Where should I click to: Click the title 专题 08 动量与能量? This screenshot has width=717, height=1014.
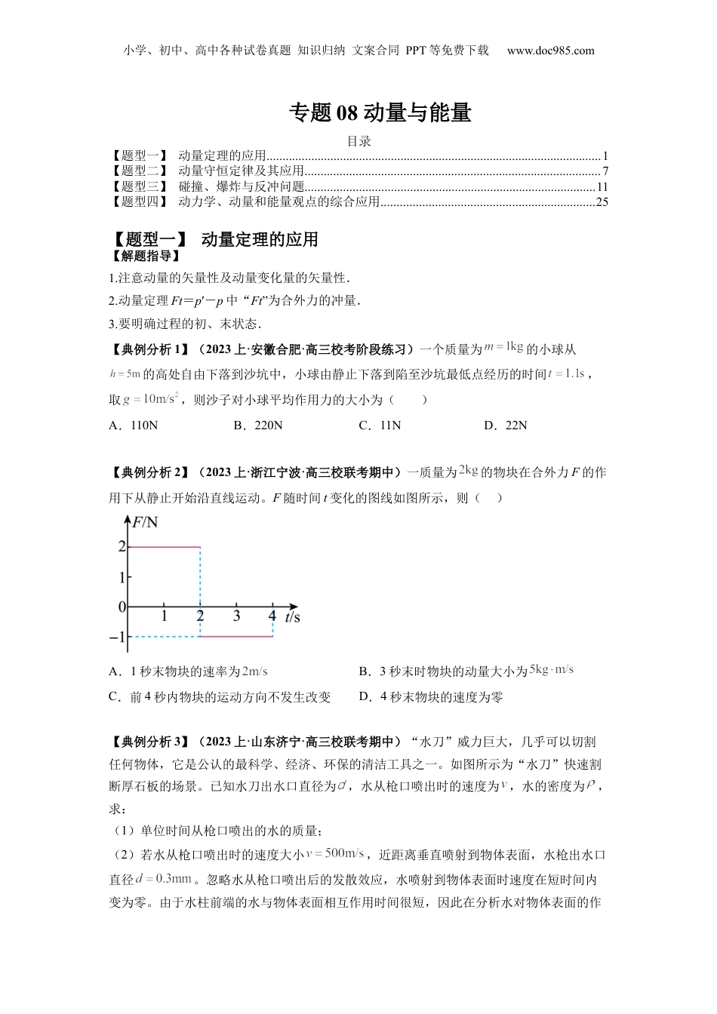pos(380,113)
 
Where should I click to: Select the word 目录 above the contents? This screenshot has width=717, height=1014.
pos(358,141)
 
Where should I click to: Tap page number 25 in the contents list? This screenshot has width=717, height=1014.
pos(602,201)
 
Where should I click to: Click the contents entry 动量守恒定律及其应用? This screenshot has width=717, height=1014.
pos(241,171)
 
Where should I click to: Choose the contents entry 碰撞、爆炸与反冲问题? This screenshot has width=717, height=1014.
pos(241,186)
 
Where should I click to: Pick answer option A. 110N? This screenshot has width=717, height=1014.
pos(134,426)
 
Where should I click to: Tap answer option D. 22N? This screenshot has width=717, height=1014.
pos(506,426)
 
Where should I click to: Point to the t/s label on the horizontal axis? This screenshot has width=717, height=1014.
pos(292,617)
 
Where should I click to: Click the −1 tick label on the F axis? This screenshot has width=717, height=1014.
pos(117,638)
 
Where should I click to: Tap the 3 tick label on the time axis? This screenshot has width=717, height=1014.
pos(236,616)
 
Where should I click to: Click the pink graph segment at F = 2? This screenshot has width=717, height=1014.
pos(164,546)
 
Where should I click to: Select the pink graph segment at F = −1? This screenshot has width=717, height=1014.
pos(236,637)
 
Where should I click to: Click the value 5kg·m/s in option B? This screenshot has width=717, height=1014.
pos(552,670)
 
